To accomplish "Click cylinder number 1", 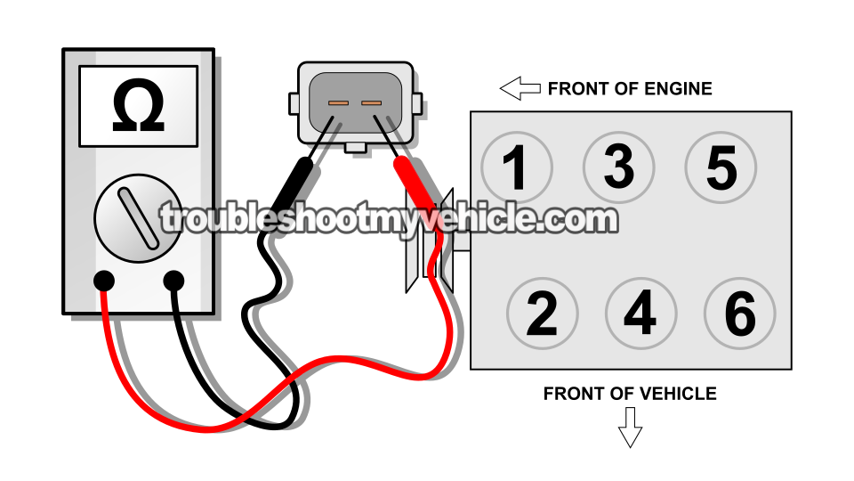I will (x=516, y=167).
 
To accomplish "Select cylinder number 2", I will (x=542, y=314).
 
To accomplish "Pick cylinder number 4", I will (x=640, y=314).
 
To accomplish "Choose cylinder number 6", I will (x=739, y=314).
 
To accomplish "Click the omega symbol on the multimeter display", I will (x=138, y=107).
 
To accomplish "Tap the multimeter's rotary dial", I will (x=138, y=218).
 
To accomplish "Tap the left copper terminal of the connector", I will (x=338, y=103).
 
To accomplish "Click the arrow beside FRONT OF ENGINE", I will (x=520, y=88).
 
